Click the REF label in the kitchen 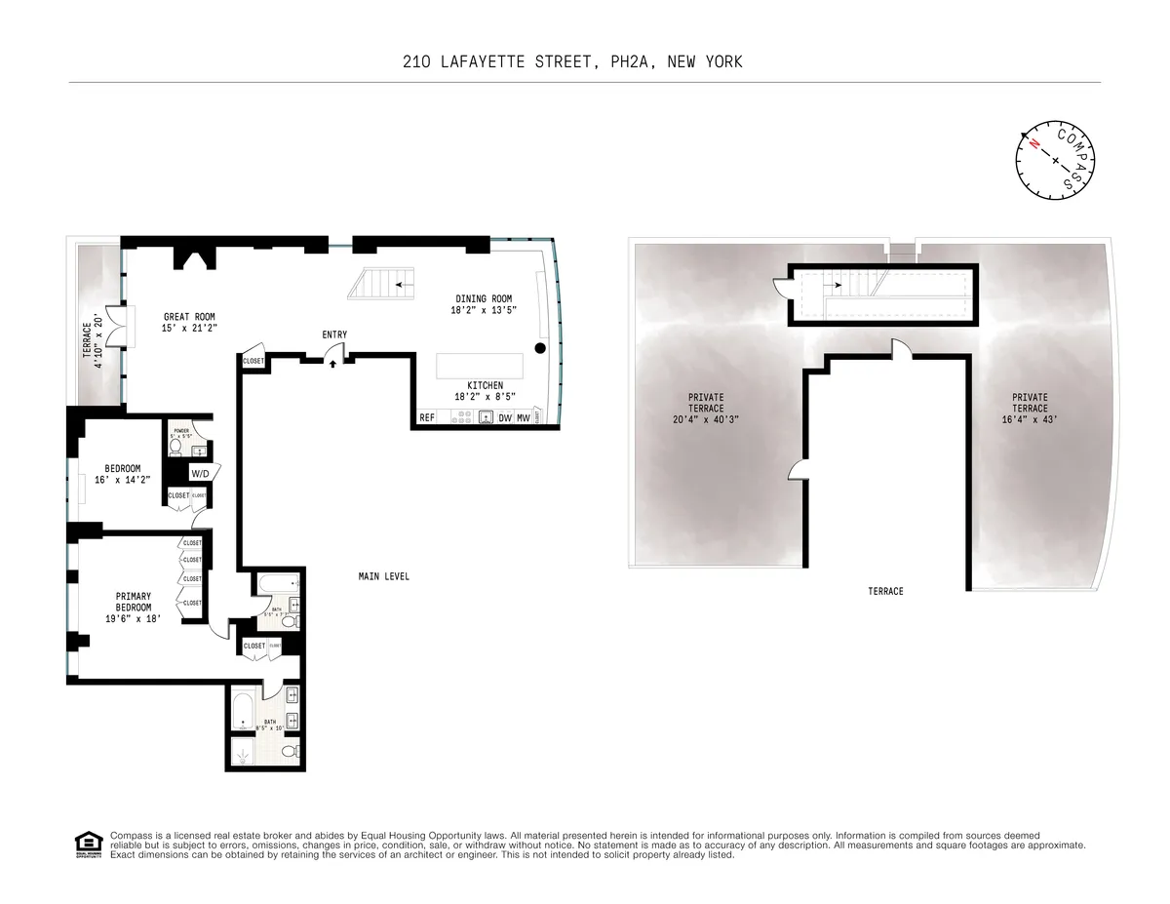point(426,418)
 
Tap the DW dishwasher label point(505,418)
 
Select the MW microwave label point(524,418)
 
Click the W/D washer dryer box point(200,474)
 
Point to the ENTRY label point(334,334)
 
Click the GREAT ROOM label point(189,316)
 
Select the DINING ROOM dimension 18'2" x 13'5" point(483,311)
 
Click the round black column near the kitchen point(541,348)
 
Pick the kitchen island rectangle point(480,366)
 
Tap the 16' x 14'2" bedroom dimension point(123,481)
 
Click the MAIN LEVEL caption point(383,576)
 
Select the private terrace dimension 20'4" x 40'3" point(706,420)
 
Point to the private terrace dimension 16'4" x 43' point(1030,420)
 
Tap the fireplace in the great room point(189,257)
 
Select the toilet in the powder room point(176,447)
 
